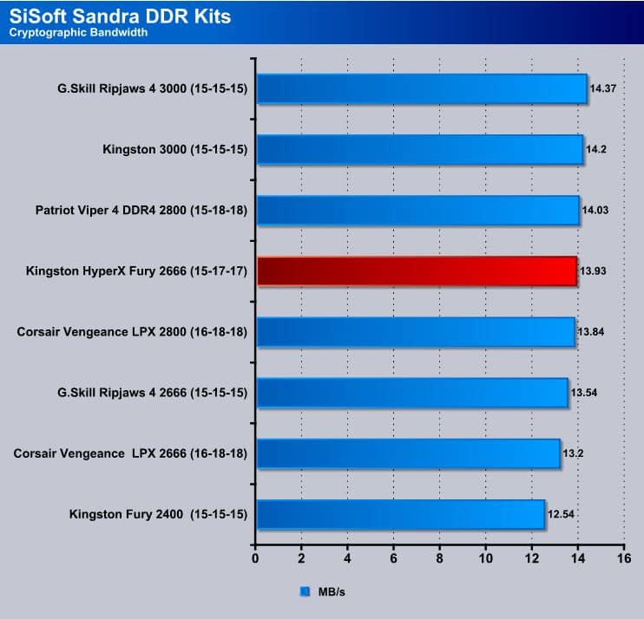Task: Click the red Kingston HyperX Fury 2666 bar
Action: [417, 271]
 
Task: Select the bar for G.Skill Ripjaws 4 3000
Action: [421, 88]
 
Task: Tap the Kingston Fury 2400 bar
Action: [399, 514]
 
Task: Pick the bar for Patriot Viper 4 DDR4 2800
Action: [417, 210]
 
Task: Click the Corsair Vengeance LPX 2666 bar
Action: [407, 453]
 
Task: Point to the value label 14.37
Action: [603, 88]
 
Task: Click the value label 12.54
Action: [561, 514]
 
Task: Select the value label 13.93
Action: [593, 271]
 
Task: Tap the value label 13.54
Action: [584, 393]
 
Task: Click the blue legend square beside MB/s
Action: [305, 592]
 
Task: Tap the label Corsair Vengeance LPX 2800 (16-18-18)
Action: [133, 332]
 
